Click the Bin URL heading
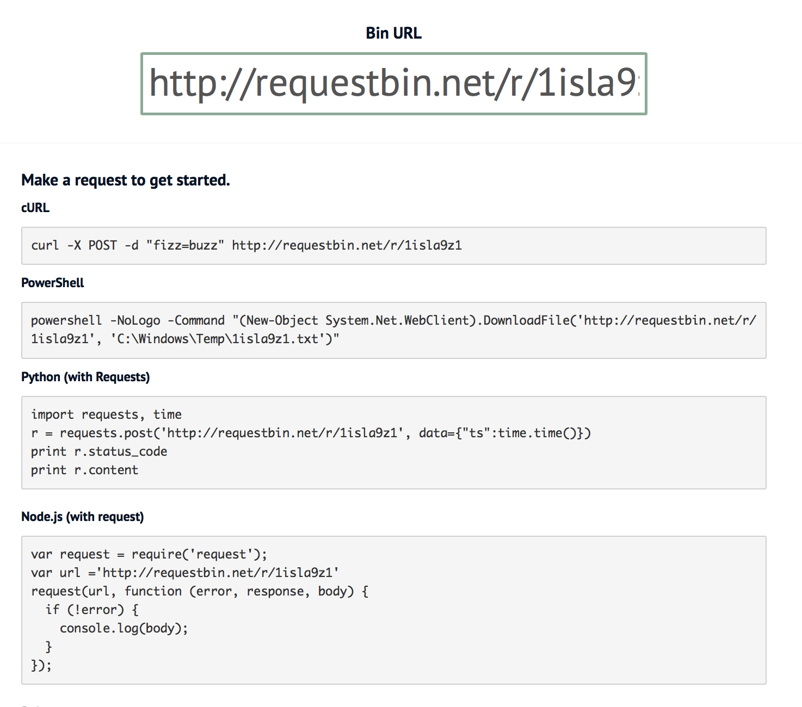pos(393,33)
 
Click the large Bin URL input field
pos(393,83)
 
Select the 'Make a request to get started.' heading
pos(126,180)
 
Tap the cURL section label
pos(35,208)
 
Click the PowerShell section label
pos(53,283)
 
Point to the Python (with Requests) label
pos(85,377)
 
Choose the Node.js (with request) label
pos(83,517)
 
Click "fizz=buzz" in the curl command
pos(185,245)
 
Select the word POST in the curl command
pos(103,245)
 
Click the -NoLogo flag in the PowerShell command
pos(135,320)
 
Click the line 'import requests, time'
pos(106,414)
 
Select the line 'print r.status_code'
pos(99,451)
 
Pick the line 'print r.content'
pos(84,470)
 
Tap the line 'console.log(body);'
pos(124,628)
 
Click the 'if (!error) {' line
pos(92,610)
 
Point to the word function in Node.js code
pos(153,591)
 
